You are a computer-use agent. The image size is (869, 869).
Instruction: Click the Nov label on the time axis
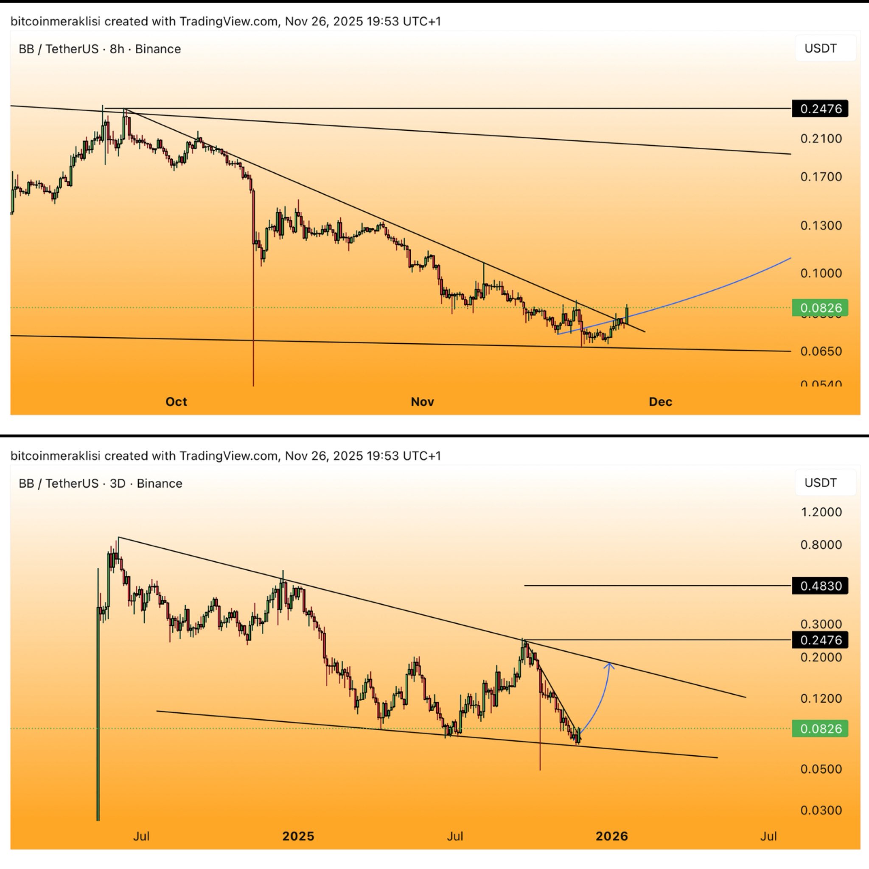pyautogui.click(x=422, y=402)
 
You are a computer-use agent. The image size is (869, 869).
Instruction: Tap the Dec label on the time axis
pyautogui.click(x=660, y=402)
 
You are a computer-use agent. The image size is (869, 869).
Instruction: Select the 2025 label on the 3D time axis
pyautogui.click(x=298, y=836)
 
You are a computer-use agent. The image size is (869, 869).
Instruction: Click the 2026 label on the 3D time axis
pyautogui.click(x=611, y=836)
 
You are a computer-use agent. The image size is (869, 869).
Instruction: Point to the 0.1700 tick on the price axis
pyautogui.click(x=821, y=177)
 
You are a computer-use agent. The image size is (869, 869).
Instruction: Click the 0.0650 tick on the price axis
pyautogui.click(x=821, y=351)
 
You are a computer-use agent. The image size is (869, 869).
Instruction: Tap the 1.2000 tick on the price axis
pyautogui.click(x=821, y=512)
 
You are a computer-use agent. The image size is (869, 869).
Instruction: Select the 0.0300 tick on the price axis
pyautogui.click(x=821, y=810)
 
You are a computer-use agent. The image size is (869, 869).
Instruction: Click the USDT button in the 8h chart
pyautogui.click(x=821, y=48)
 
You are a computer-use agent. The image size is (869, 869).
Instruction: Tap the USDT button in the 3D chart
pyautogui.click(x=821, y=483)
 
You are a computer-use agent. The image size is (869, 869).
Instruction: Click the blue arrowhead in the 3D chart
pyautogui.click(x=609, y=665)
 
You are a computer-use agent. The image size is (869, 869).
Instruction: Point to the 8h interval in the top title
pyautogui.click(x=117, y=49)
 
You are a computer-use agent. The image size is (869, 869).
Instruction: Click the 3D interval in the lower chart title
pyautogui.click(x=118, y=484)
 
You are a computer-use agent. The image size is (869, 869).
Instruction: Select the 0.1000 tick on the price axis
pyautogui.click(x=821, y=273)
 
